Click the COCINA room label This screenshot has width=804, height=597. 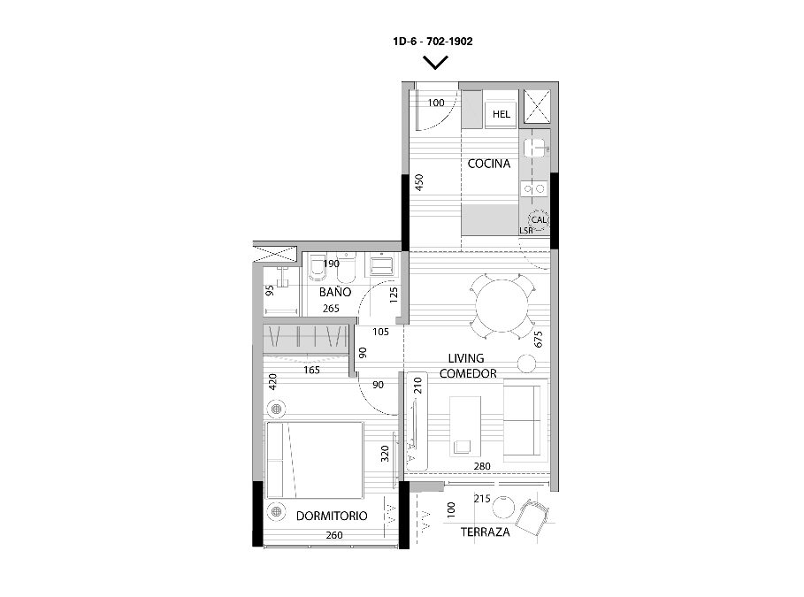488,164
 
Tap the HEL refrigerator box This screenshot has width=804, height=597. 501,114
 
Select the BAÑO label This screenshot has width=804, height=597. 335,292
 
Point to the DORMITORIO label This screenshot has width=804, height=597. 332,516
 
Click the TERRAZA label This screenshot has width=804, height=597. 485,532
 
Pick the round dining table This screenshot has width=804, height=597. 502,306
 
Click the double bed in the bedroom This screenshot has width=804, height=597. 314,460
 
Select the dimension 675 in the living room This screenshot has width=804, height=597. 538,340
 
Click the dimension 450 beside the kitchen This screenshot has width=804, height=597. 419,182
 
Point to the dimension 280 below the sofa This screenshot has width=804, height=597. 482,466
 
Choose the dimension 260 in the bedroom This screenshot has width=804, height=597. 333,535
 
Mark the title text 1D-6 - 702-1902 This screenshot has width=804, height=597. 433,41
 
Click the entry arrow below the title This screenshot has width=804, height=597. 435,63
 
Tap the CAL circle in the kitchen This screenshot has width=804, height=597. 539,219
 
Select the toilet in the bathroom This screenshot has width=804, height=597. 317,267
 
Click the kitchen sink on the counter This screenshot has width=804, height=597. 535,147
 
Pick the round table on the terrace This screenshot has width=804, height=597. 502,508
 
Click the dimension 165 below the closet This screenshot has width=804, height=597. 311,370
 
